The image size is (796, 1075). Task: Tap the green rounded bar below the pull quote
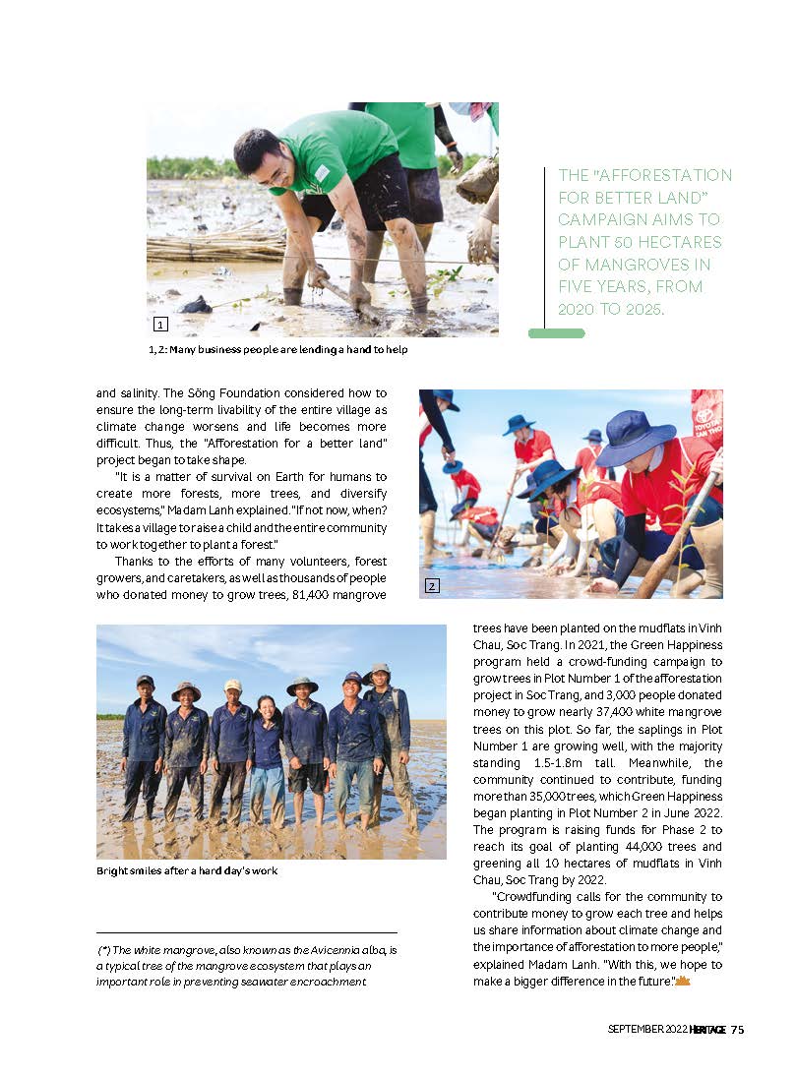click(x=556, y=333)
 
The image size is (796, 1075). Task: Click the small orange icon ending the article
click(x=683, y=982)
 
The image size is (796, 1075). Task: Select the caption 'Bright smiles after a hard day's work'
click(x=187, y=870)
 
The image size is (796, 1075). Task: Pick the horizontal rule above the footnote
click(x=247, y=932)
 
